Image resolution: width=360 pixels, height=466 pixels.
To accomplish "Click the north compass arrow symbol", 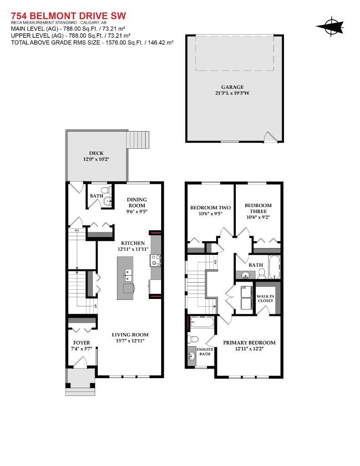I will point(328,27).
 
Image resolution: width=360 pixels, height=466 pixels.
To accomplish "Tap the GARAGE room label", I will point(232,87).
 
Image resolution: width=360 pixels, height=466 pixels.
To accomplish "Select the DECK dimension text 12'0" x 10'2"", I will point(96,160).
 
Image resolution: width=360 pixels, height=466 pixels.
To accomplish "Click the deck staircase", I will point(137,140).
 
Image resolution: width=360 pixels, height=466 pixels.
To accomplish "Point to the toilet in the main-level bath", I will point(105,189).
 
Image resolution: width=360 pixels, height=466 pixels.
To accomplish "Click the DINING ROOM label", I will point(137,203).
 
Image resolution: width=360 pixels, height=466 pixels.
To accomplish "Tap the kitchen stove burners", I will point(156,260).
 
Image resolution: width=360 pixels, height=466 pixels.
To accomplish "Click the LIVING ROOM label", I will point(130,335).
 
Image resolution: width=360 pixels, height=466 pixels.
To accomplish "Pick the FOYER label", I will point(81,342).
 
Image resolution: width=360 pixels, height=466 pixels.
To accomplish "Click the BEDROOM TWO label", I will point(210,208).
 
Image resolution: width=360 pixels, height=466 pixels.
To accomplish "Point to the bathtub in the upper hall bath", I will point(274,267).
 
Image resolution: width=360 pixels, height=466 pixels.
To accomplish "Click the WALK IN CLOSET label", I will point(265,298).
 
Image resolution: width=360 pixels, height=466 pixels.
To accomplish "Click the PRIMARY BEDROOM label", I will point(249,343).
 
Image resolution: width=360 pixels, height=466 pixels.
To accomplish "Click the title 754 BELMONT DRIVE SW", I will point(68,16).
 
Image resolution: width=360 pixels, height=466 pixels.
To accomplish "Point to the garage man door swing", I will point(270,137).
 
